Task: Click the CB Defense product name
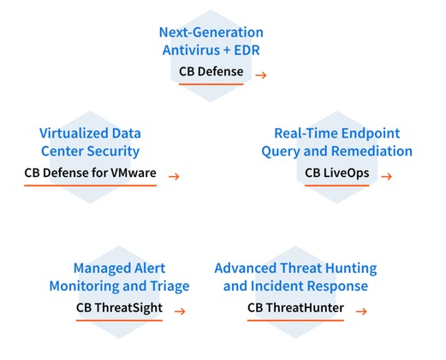[211, 71]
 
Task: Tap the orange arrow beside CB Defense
[261, 75]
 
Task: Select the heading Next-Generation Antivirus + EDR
[211, 41]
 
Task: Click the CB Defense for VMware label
[90, 173]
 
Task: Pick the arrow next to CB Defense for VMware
[174, 177]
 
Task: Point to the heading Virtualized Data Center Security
[90, 142]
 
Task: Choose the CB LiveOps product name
[337, 173]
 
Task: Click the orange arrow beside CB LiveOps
[386, 177]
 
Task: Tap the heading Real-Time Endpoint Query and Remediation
[337, 142]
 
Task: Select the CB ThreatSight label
[119, 308]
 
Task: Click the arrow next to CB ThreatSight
[180, 311]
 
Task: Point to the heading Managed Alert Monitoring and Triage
[119, 277]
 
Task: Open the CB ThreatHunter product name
[295, 308]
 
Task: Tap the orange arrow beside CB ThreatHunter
[361, 311]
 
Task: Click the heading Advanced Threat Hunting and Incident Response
[295, 277]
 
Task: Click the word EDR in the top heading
[247, 50]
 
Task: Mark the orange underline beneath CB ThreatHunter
[295, 321]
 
